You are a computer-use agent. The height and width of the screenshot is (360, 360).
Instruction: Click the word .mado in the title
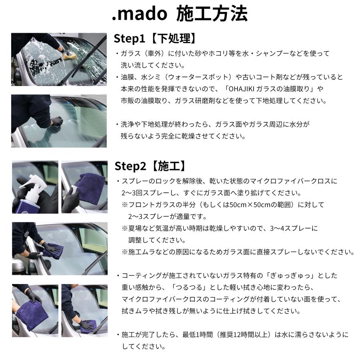click(x=139, y=14)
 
